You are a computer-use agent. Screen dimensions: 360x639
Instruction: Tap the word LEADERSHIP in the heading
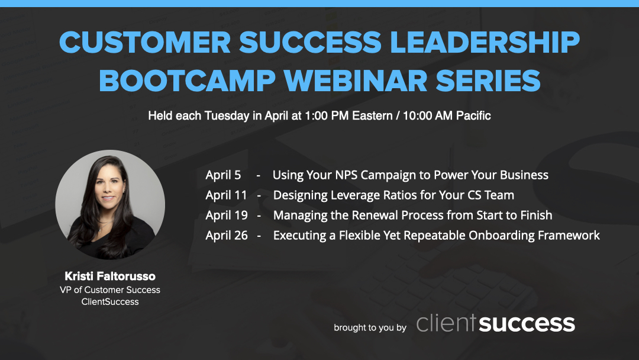[x=475, y=42]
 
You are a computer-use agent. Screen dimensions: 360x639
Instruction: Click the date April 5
[x=223, y=175]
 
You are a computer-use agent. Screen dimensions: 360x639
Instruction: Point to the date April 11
[x=226, y=195]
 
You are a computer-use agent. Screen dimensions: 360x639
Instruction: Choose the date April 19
[x=227, y=216]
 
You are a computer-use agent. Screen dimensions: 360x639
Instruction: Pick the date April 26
[x=227, y=236]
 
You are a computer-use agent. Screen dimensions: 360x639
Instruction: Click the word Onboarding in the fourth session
[x=502, y=236]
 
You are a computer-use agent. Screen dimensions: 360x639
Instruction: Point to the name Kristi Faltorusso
[x=110, y=277]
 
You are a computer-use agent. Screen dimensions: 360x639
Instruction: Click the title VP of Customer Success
[x=110, y=290]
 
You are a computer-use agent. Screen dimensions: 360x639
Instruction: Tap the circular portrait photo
[x=110, y=204]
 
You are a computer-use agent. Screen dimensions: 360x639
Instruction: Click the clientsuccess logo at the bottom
[x=495, y=323]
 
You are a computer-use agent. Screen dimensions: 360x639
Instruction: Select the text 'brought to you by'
[x=370, y=327]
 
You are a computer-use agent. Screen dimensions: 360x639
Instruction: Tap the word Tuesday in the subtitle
[x=227, y=116]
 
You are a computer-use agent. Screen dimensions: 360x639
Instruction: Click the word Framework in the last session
[x=569, y=236]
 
